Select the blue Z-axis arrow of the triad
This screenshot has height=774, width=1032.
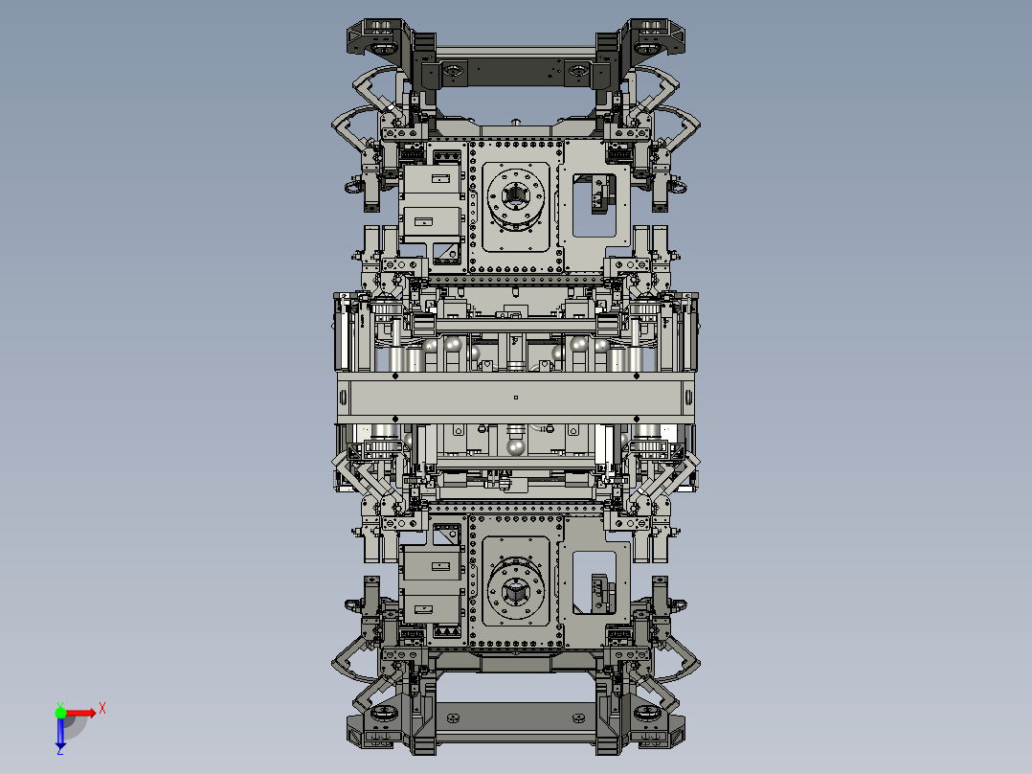(x=60, y=733)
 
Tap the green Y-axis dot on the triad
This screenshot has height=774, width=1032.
(x=60, y=712)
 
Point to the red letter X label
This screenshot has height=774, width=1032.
(x=101, y=709)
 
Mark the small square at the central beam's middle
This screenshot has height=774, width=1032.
(x=515, y=397)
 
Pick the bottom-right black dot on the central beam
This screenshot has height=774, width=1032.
(x=637, y=418)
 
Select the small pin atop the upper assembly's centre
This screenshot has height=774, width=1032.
(x=515, y=122)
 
